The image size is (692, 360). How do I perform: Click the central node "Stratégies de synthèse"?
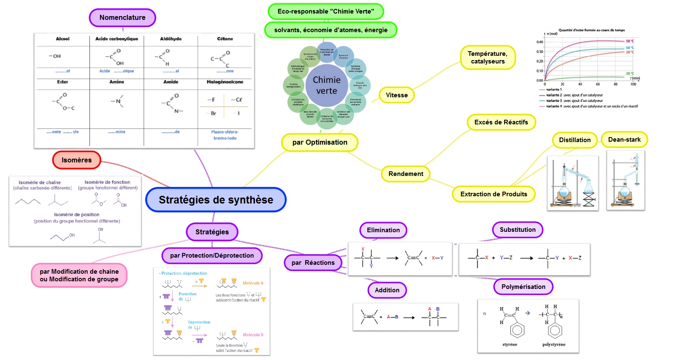pyautogui.click(x=216, y=200)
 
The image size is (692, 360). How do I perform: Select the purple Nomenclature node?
pyautogui.click(x=122, y=18)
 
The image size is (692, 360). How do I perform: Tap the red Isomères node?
pyautogui.click(x=77, y=160)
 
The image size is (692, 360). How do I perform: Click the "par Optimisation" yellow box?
pyautogui.click(x=320, y=143)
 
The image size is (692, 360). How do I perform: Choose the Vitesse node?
pyautogui.click(x=397, y=95)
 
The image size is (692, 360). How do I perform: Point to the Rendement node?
pyautogui.click(x=405, y=174)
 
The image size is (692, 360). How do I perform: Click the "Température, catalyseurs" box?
pyautogui.click(x=488, y=58)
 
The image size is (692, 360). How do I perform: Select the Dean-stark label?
pyautogui.click(x=624, y=140)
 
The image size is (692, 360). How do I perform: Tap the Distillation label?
pyautogui.click(x=574, y=140)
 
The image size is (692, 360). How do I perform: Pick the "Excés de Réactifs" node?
pyautogui.click(x=501, y=122)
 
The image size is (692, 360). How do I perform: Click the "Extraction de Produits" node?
pyautogui.click(x=493, y=194)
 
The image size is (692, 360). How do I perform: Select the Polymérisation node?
pyautogui.click(x=523, y=287)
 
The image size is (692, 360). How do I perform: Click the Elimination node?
pyautogui.click(x=383, y=230)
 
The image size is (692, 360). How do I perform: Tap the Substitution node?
pyautogui.click(x=518, y=230)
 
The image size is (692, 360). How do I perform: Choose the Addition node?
pyautogui.click(x=387, y=290)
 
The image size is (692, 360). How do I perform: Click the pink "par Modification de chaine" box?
pyautogui.click(x=79, y=275)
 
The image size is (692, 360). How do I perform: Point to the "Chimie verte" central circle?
pyautogui.click(x=327, y=85)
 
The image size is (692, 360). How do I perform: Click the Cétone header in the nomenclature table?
pyautogui.click(x=225, y=39)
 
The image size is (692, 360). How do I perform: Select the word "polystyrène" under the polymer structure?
pyautogui.click(x=554, y=344)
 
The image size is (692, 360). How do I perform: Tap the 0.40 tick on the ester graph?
pyautogui.click(x=540, y=42)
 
